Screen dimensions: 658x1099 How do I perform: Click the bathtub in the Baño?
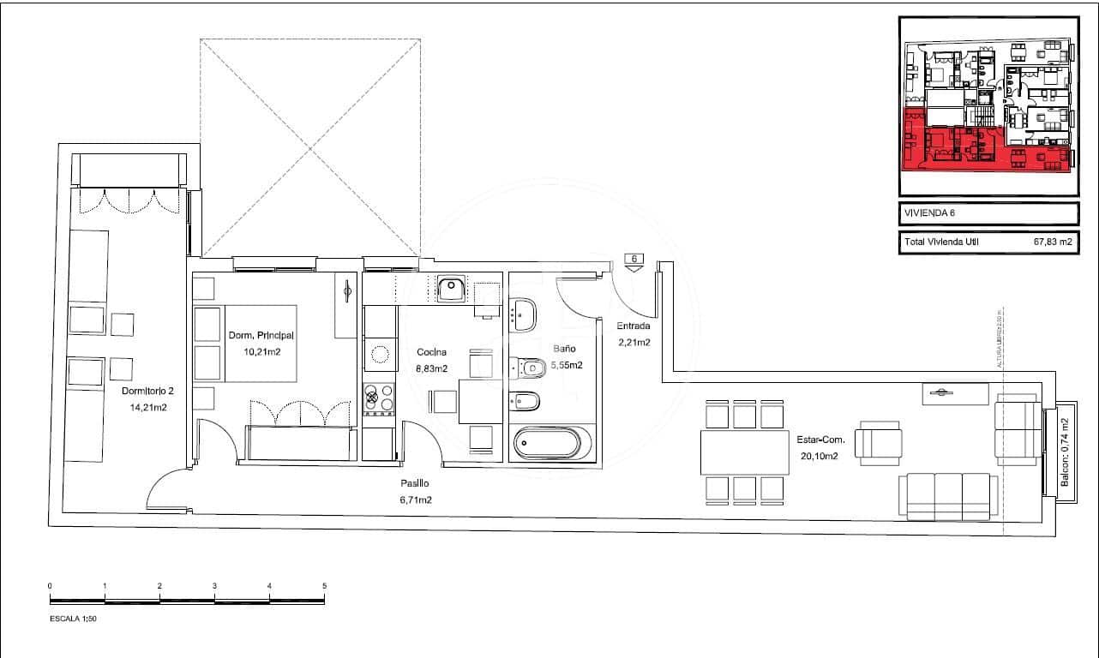click(546, 444)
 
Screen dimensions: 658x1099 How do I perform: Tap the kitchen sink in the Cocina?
click(450, 289)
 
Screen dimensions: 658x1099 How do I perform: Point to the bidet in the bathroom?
click(525, 400)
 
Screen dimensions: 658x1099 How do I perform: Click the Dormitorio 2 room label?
click(147, 392)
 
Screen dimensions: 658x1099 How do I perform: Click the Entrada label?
click(634, 326)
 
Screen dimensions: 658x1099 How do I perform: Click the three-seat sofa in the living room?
click(947, 496)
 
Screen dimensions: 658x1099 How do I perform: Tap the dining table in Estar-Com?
click(743, 452)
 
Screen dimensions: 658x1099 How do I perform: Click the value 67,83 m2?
click(1053, 242)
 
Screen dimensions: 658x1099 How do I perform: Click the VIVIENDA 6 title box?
click(987, 213)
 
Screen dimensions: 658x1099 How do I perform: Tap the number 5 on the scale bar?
click(324, 586)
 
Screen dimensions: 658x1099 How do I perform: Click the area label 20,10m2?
click(820, 456)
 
